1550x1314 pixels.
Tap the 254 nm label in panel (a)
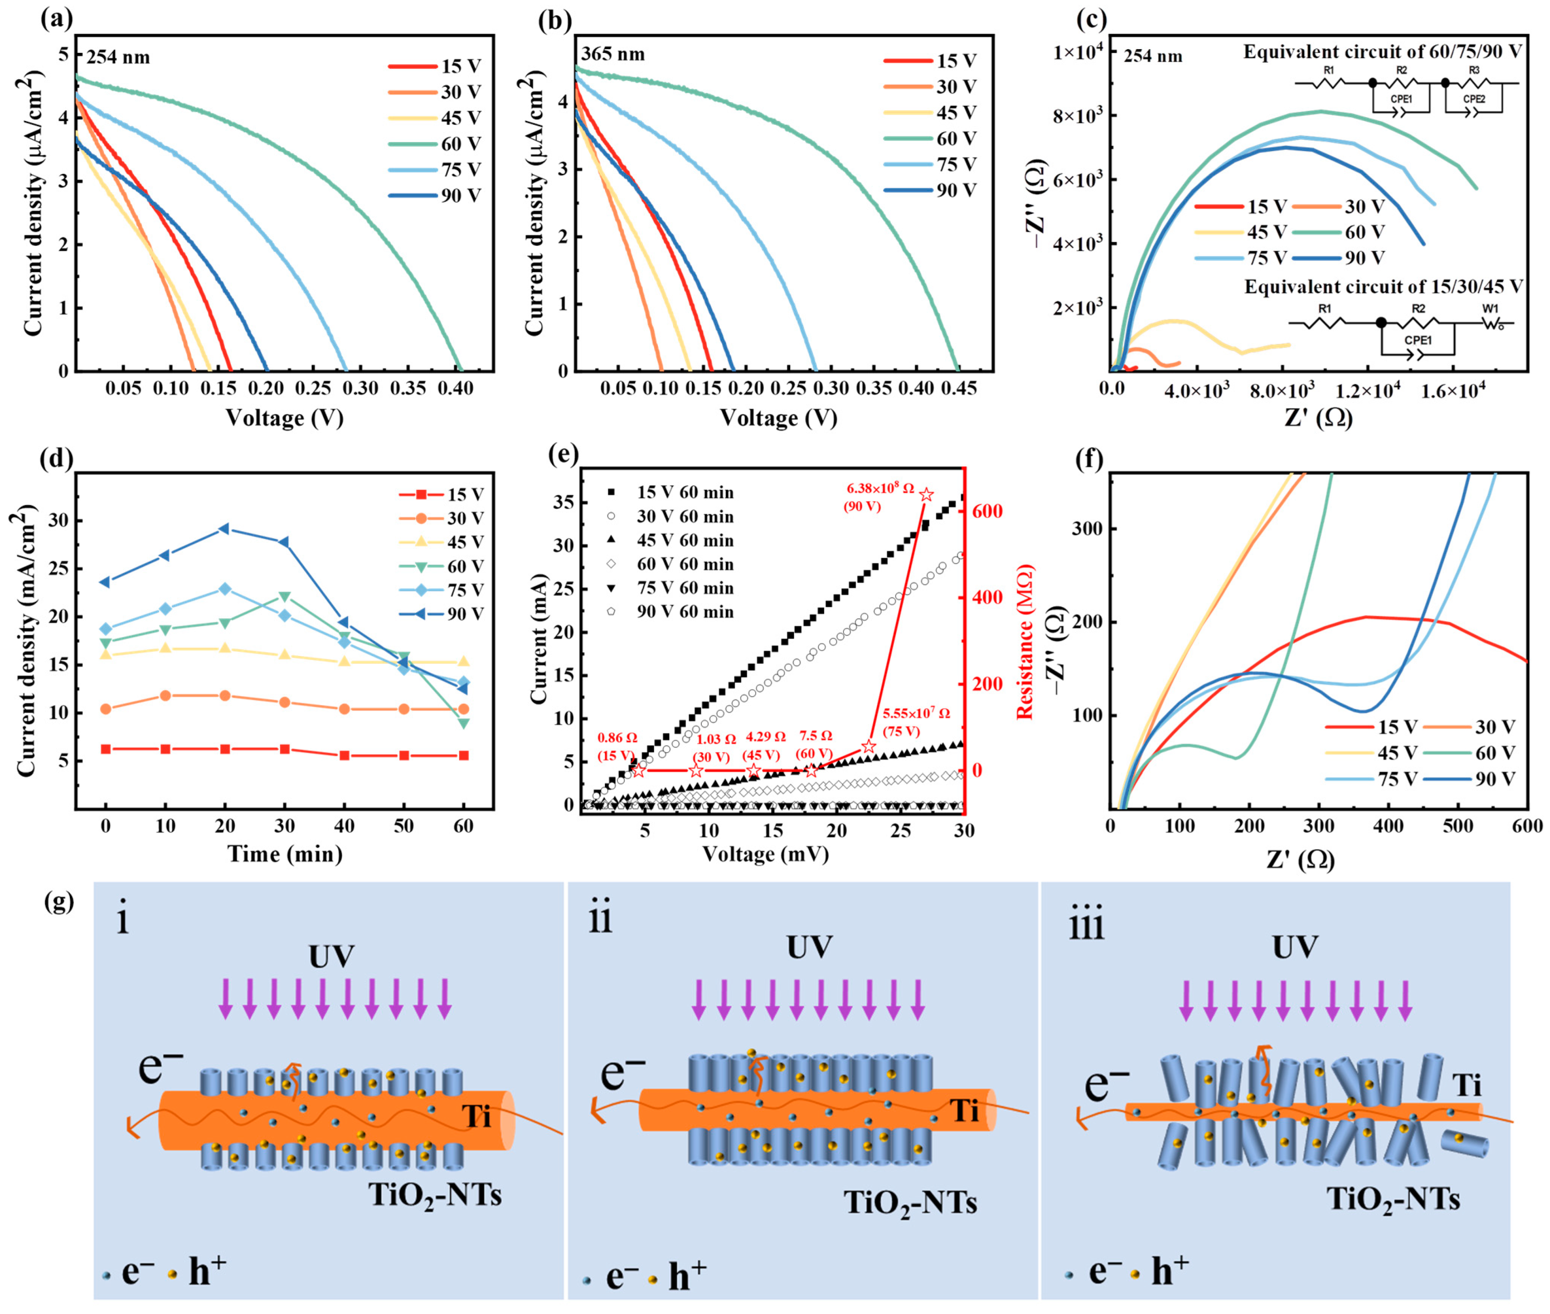click(118, 57)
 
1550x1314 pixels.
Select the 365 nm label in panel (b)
click(613, 54)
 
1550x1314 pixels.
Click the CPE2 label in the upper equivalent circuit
click(1473, 99)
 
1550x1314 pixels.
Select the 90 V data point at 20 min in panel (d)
click(224, 529)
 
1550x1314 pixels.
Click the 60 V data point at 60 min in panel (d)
click(463, 723)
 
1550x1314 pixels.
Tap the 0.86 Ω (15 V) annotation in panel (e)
click(617, 746)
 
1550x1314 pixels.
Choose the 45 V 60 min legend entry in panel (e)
click(684, 540)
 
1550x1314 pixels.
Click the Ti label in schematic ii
click(964, 1110)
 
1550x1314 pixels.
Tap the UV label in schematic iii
click(1295, 947)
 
